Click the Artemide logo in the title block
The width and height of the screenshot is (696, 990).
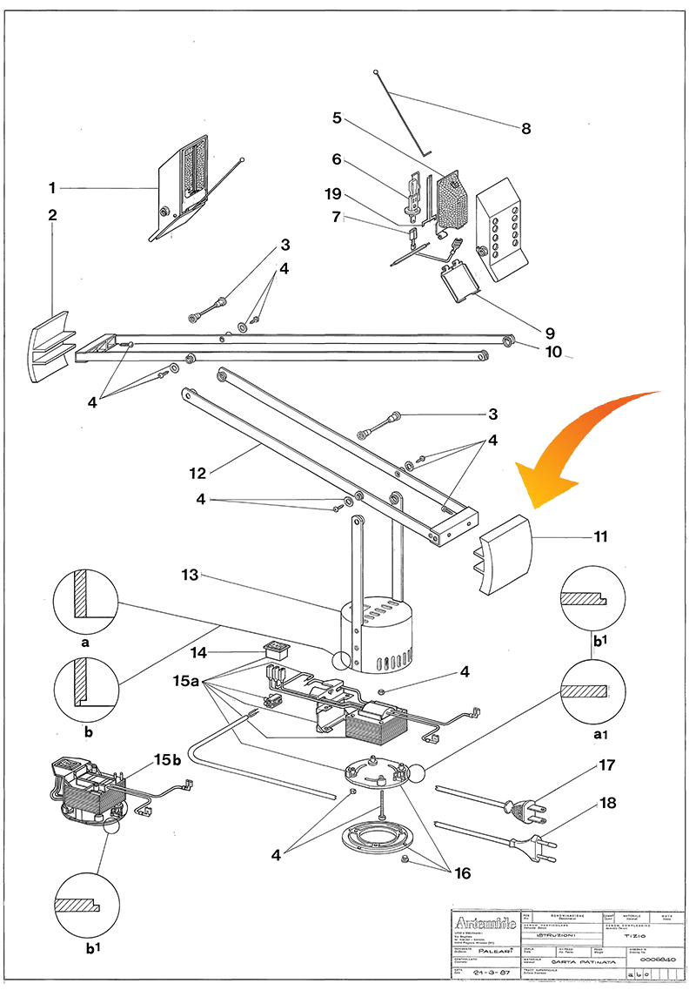481,920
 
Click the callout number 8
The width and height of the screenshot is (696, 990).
525,129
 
